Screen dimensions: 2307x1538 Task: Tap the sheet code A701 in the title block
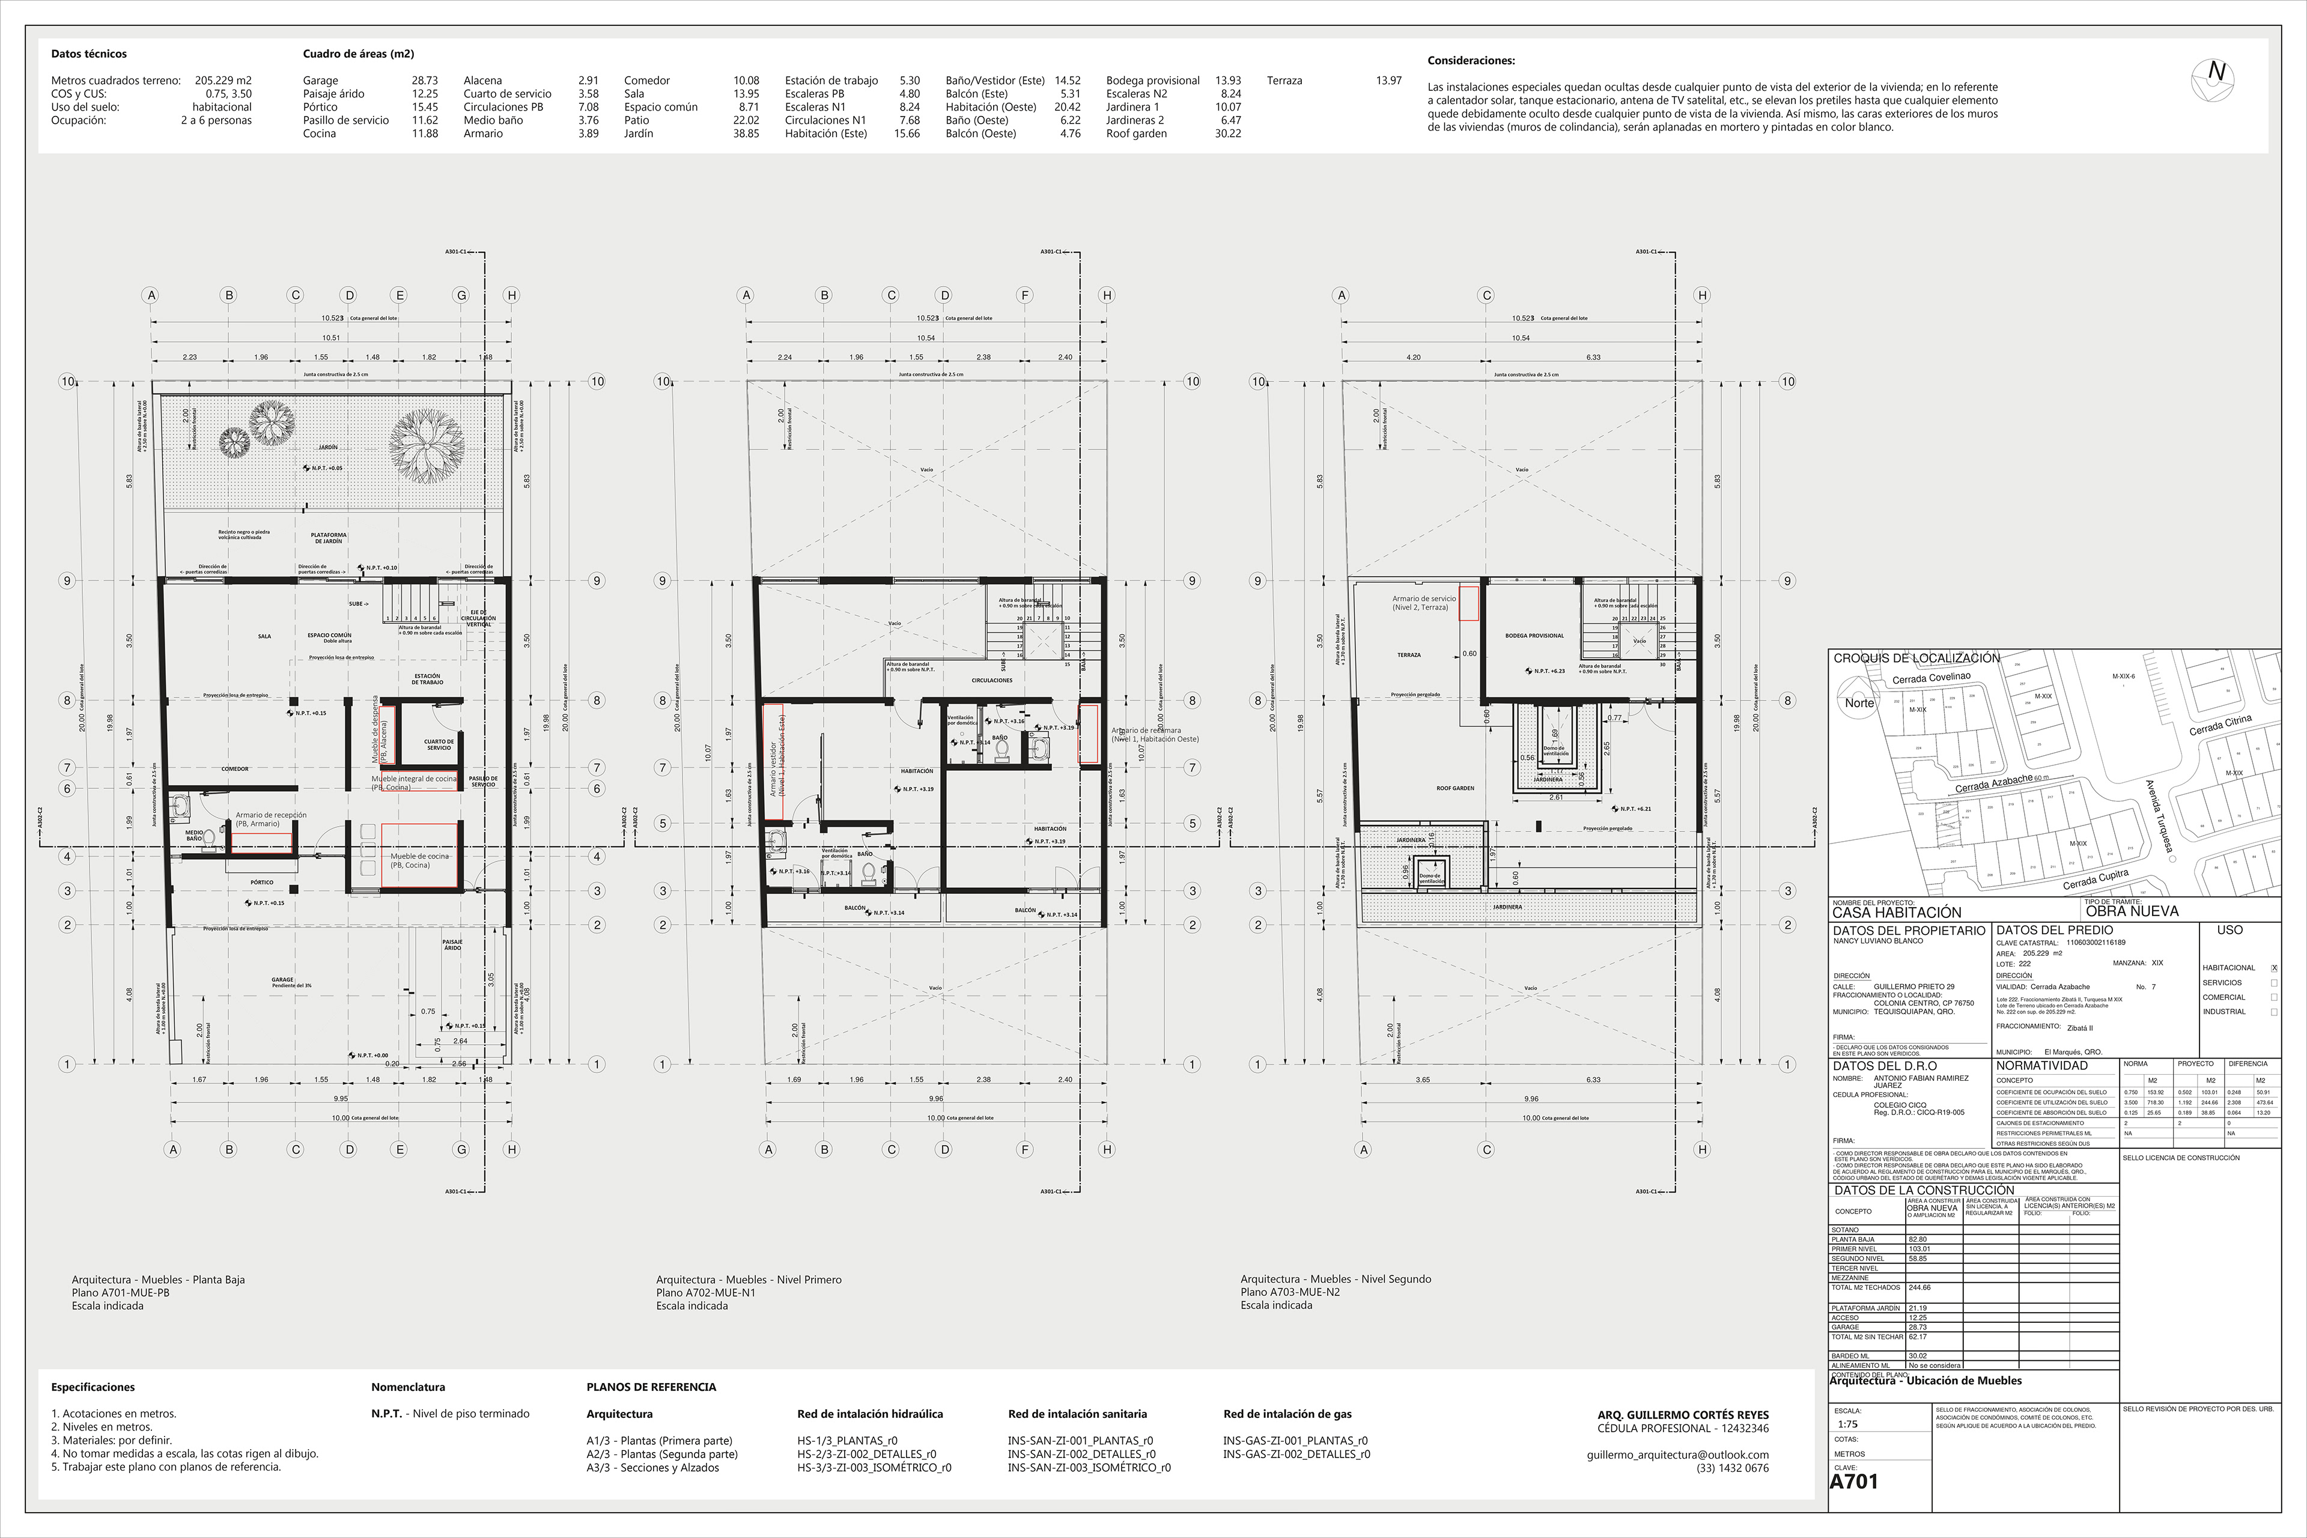pyautogui.click(x=1854, y=1481)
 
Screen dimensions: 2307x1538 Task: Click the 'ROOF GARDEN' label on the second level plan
pyautogui.click(x=1456, y=788)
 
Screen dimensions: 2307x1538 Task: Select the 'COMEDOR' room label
pyautogui.click(x=234, y=769)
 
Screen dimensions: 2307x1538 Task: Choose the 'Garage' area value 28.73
pyautogui.click(x=425, y=81)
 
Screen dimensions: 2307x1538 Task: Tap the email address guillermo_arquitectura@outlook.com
pyautogui.click(x=1677, y=1454)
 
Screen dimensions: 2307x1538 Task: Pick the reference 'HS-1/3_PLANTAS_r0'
pyautogui.click(x=847, y=1441)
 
